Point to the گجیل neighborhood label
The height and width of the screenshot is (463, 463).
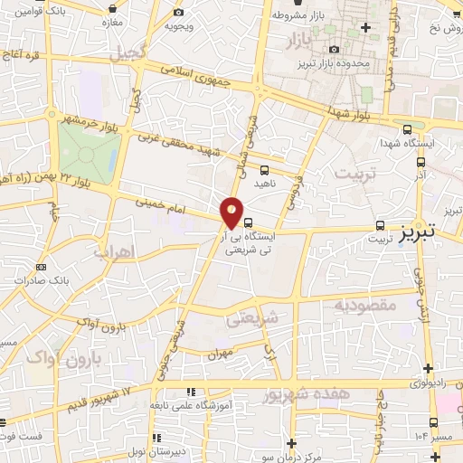click(127, 54)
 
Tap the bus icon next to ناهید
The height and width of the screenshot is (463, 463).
click(263, 169)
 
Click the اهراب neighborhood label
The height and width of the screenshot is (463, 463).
click(113, 250)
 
